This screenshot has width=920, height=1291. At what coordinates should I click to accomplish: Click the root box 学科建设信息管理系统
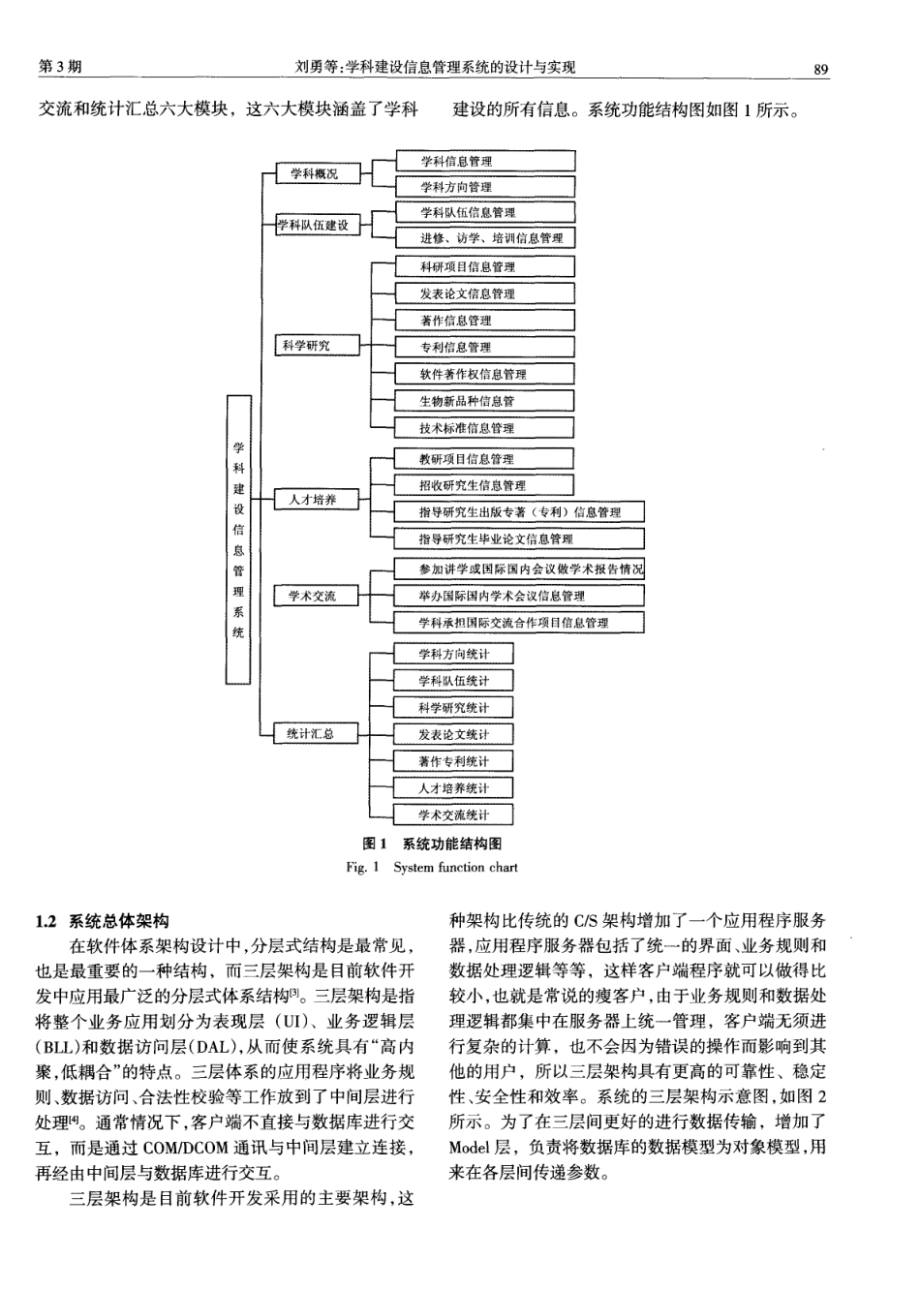pyautogui.click(x=238, y=539)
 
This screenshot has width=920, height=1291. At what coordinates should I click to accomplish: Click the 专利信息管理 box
pyautogui.click(x=484, y=348)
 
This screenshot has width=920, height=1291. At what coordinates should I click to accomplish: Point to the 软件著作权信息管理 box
pyautogui.click(x=484, y=375)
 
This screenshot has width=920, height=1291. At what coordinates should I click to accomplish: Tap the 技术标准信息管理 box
pyautogui.click(x=484, y=428)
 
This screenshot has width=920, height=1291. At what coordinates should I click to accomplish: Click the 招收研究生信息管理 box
pyautogui.click(x=484, y=486)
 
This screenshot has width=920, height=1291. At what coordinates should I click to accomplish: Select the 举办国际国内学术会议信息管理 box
pyautogui.click(x=519, y=597)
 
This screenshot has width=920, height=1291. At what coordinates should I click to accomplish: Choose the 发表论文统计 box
pyautogui.click(x=454, y=735)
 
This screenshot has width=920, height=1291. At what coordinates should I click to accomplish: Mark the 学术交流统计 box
pyautogui.click(x=454, y=815)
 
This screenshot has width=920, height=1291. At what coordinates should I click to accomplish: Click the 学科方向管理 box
pyautogui.click(x=484, y=187)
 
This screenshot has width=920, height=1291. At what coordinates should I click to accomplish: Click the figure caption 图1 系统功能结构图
pyautogui.click(x=432, y=845)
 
